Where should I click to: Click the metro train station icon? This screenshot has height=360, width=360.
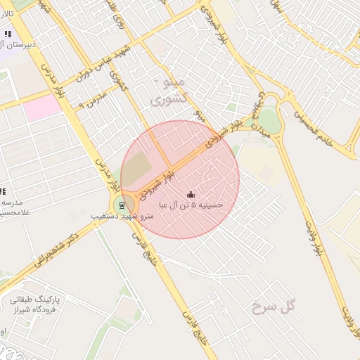click(122, 205)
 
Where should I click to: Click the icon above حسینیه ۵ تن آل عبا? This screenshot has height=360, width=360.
click(190, 194)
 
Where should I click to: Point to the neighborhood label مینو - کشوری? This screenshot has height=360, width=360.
click(169, 91)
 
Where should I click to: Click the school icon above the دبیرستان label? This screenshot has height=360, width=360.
click(8, 33)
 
